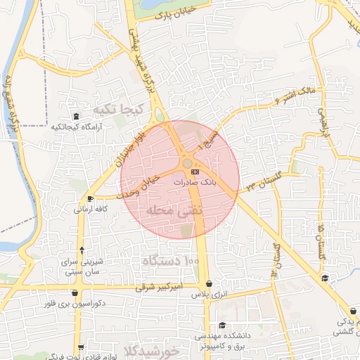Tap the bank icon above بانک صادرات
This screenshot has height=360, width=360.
click(194, 171)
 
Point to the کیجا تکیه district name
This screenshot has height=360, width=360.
click(118, 110)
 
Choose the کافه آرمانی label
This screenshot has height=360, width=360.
click(91, 209)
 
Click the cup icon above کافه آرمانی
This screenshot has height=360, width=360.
click(90, 199)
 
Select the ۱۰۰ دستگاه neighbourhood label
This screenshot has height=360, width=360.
click(172, 261)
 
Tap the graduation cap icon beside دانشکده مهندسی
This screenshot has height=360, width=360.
click(223, 325)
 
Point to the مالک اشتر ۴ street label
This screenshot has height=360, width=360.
click(299, 96)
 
